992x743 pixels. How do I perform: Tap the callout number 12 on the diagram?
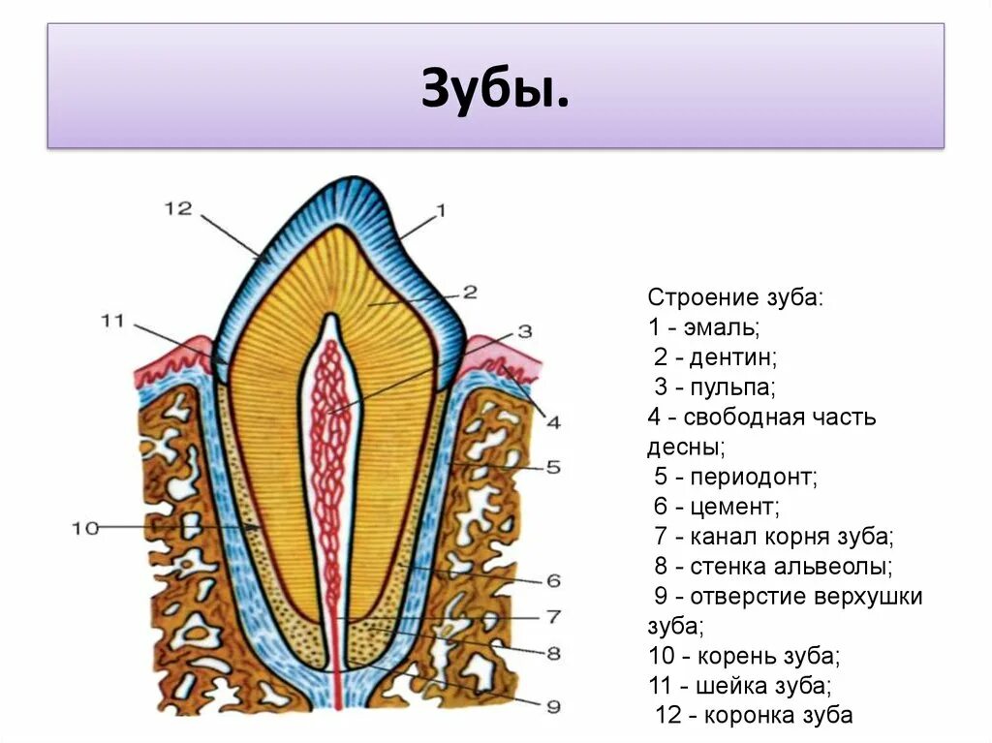point(178,208)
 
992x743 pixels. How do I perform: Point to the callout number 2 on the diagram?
point(469,291)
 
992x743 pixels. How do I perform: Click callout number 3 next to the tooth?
point(524,330)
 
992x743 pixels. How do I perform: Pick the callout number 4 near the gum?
point(552,421)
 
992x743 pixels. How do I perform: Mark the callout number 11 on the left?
point(112,321)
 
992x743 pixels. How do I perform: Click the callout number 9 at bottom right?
point(552,705)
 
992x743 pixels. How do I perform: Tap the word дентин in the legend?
point(733,357)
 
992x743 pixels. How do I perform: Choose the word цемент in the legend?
point(733,507)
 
